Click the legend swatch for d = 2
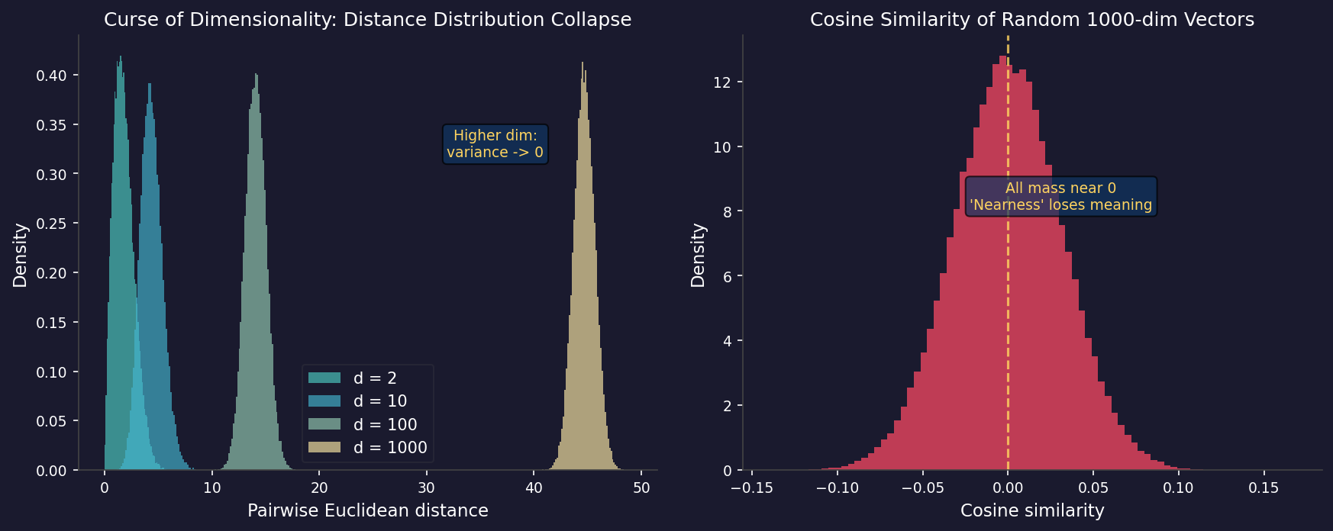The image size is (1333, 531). point(324,378)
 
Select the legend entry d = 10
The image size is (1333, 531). point(379,401)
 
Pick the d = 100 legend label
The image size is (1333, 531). point(385,424)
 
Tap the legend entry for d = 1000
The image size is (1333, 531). point(389,448)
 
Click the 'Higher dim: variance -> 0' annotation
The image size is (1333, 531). point(495,144)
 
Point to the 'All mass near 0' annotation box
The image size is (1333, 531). point(1060,197)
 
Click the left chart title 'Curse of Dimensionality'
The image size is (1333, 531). point(367,20)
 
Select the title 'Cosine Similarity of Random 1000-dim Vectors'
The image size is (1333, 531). point(1031,20)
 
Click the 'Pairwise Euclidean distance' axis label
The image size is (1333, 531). point(367,510)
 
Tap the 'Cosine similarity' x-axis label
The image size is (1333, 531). point(1031,510)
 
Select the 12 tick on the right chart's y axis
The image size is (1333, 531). point(722,82)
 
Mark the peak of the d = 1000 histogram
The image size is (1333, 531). point(583,64)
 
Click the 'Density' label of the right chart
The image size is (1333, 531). point(698,255)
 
